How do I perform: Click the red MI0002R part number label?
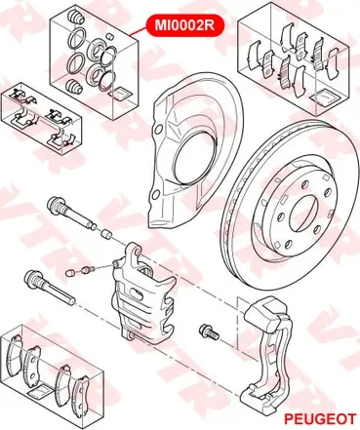click(x=185, y=25)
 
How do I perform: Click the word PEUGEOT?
click(x=320, y=419)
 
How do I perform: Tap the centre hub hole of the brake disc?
click(x=304, y=215)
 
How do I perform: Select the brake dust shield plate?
click(x=196, y=150)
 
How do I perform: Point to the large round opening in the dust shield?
click(x=193, y=159)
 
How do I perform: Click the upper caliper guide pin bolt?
click(x=71, y=212)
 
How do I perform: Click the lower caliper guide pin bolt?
click(x=50, y=287)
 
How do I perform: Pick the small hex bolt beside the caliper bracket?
click(x=209, y=332)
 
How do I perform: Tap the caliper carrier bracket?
click(x=267, y=354)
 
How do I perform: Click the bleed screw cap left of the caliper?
click(x=70, y=272)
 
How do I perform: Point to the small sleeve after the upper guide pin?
click(x=105, y=234)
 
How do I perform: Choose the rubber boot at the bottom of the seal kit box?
click(x=73, y=86)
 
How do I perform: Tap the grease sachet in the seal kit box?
click(x=121, y=94)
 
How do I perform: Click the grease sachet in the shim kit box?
click(x=325, y=98)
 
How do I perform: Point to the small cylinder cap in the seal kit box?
click(x=110, y=36)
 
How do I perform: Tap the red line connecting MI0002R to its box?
click(x=138, y=31)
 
